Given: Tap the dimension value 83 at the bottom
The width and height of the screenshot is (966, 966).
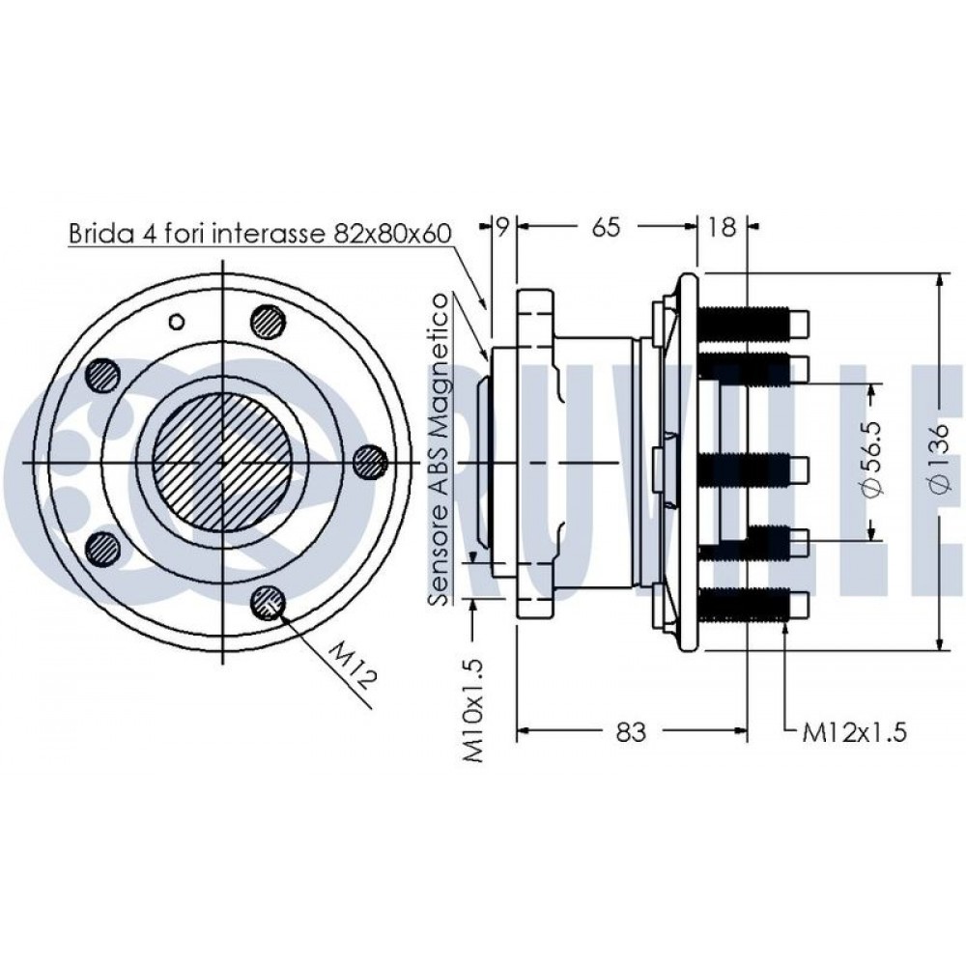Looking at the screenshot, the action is [630, 732].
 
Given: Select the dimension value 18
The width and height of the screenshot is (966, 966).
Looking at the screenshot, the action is [721, 227].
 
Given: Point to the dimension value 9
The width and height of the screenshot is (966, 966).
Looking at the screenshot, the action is [503, 227].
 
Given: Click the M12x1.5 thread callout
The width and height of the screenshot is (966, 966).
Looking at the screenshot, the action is [854, 732].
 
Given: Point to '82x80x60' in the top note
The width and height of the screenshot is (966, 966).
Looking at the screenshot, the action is [392, 234].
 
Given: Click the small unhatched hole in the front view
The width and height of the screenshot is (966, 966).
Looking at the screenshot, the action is [177, 321].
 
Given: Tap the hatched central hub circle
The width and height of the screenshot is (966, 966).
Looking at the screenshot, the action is [223, 463].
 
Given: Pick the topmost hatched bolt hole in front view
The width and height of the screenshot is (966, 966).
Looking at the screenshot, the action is [269, 321].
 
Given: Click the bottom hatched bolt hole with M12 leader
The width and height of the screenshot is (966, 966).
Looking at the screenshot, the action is [268, 602].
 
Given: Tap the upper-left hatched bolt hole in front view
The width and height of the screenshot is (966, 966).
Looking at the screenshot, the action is [102, 373].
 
